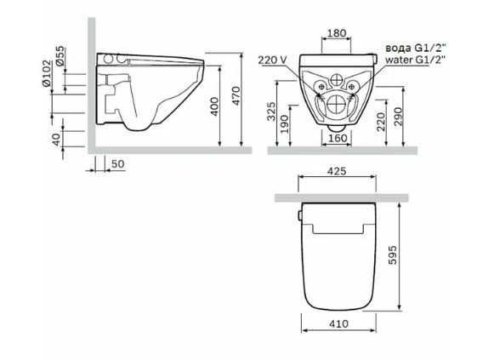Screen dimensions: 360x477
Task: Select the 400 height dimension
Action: pyautogui.click(x=216, y=106)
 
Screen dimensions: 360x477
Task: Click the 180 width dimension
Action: pyautogui.click(x=338, y=33)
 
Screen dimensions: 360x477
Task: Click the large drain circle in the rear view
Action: pyautogui.click(x=338, y=106)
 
